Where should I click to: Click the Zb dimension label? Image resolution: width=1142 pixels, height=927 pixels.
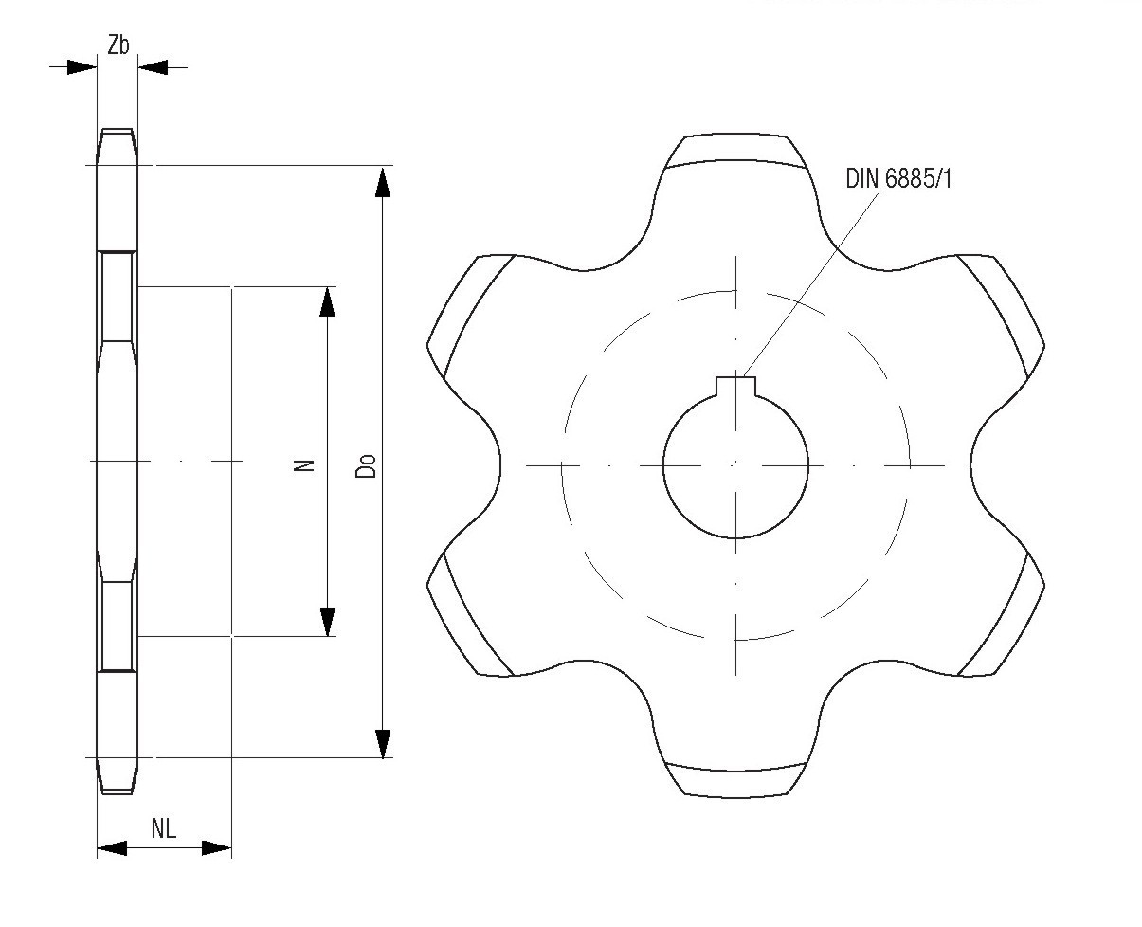(118, 45)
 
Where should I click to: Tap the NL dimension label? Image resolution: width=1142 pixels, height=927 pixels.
(164, 829)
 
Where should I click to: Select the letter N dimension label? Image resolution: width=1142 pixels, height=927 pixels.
(304, 464)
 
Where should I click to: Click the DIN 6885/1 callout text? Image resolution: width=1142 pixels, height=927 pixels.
(897, 177)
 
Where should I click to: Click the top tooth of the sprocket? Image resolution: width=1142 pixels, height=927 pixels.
(735, 156)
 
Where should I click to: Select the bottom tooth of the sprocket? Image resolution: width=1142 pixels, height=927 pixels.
(735, 772)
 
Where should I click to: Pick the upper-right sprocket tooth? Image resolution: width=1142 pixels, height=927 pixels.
(1000, 308)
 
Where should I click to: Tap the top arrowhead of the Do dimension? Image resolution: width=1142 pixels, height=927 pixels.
(383, 183)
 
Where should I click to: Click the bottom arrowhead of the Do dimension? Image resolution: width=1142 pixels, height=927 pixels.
(383, 743)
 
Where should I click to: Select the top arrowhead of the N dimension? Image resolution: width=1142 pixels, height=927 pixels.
(327, 300)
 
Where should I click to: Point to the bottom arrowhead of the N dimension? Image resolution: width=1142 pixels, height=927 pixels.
(327, 621)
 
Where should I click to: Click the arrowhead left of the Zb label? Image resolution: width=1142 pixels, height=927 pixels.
(82, 66)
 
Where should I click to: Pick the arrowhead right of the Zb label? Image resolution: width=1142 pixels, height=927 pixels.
(153, 66)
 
